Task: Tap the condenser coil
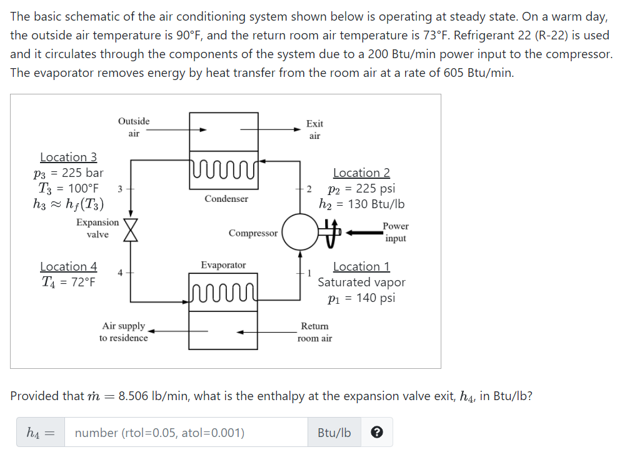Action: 223,168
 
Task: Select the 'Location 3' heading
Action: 68,157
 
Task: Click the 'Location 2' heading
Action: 361,173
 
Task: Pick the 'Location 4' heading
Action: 68,266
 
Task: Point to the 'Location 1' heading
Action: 361,267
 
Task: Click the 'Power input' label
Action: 396,232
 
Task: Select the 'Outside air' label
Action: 134,127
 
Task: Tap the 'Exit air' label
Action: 314,130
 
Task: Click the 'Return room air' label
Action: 314,332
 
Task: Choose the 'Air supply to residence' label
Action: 124,332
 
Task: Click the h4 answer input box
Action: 188,433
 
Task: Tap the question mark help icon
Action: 377,433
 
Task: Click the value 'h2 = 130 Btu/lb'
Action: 361,204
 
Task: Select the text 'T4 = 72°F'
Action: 68,282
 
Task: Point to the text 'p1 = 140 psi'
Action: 361,298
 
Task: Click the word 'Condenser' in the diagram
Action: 226,199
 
